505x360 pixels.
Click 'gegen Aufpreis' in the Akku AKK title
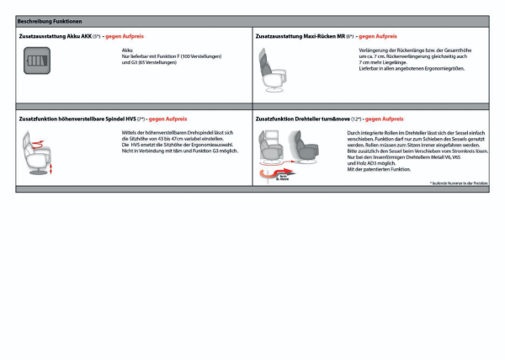pyautogui.click(x=125, y=37)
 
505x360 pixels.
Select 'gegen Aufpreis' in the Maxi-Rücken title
pyautogui.click(x=378, y=37)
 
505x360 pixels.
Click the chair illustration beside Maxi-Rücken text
pyautogui.click(x=276, y=68)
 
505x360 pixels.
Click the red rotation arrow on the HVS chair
pyautogui.click(x=36, y=145)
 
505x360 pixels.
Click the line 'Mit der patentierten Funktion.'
pyautogui.click(x=379, y=169)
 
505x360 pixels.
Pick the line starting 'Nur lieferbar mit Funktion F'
pyautogui.click(x=172, y=56)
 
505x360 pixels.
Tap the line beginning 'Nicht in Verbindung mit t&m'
pyautogui.click(x=180, y=151)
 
